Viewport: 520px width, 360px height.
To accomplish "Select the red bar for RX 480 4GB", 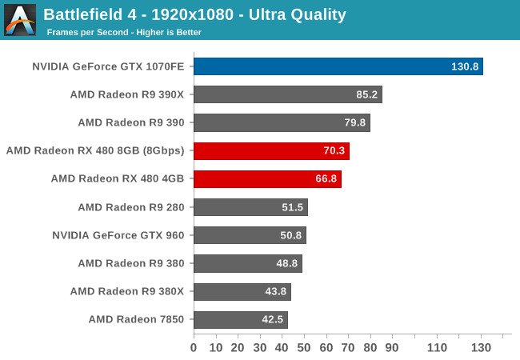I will pos(267,179).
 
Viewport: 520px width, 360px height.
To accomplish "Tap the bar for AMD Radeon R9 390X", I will pos(287,94).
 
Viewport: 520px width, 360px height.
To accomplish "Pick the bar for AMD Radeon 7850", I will pos(240,320).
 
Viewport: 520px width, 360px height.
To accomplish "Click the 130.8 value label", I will pos(465,66).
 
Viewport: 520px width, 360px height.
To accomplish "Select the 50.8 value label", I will pos(290,235).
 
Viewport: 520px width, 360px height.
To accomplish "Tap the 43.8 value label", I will pos(275,291).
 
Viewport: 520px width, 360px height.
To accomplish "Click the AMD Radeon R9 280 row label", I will pos(130,207).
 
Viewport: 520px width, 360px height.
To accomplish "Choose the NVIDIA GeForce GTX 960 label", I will pos(118,235).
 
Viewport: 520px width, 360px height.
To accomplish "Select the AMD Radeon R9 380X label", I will pos(127,291).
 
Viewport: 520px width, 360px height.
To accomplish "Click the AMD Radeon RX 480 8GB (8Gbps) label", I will pos(95,150).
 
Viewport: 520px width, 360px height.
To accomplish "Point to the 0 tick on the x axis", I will pos(194,347).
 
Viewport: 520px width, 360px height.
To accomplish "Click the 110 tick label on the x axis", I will pos(437,347).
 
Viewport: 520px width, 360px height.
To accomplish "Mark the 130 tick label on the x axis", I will pos(481,347).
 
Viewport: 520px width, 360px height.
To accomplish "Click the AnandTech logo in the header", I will pos(20,20).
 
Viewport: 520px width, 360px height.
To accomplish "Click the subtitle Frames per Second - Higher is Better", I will pos(124,33).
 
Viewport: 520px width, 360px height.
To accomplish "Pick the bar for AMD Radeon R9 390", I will pos(282,122).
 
